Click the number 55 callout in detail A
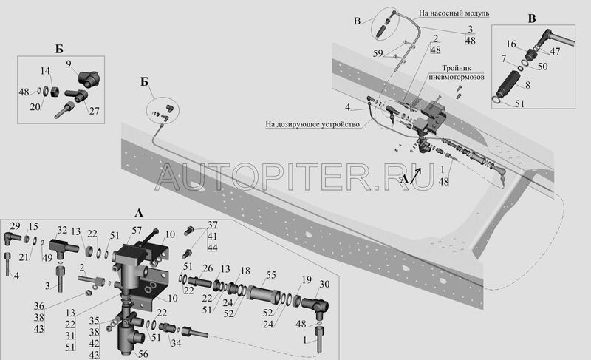271,275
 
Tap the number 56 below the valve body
143,354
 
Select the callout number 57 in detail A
137,230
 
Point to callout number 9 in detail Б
69,64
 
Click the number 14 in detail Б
45,71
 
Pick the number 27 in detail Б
95,111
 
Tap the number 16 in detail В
511,44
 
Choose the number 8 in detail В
527,85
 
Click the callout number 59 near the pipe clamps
378,53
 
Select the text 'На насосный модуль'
454,13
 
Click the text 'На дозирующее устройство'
312,124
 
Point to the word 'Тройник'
457,68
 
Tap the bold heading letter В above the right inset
532,18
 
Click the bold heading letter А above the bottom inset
139,214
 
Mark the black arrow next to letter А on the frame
415,176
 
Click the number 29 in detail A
15,226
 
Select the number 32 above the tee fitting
62,231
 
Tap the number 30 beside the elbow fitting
324,284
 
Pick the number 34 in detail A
176,343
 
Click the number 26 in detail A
208,268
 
